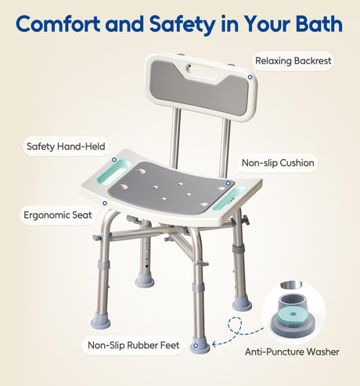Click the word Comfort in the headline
pyautogui.click(x=58, y=24)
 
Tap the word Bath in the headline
pyautogui.click(x=319, y=24)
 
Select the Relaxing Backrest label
pyautogui.click(x=293, y=61)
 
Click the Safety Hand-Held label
pyautogui.click(x=66, y=146)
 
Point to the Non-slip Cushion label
pyautogui.click(x=278, y=163)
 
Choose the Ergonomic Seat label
pyautogui.click(x=58, y=215)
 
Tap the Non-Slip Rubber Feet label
pyautogui.click(x=134, y=345)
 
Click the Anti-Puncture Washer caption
pyautogui.click(x=292, y=352)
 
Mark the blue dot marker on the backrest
pyautogui.click(x=250, y=78)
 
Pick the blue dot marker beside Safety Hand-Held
pyautogui.click(x=114, y=160)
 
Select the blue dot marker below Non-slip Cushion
pyautogui.click(x=229, y=183)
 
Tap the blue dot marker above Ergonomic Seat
pyautogui.click(x=105, y=203)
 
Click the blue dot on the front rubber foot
pyautogui.click(x=196, y=346)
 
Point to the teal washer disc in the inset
pyautogui.click(x=293, y=314)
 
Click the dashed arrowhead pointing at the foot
pyautogui.click(x=214, y=345)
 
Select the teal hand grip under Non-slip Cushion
pyautogui.click(x=229, y=198)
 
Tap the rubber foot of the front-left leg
pyautogui.click(x=100, y=321)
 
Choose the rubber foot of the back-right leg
pyautogui.click(x=242, y=304)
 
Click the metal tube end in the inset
pyautogui.click(x=291, y=284)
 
